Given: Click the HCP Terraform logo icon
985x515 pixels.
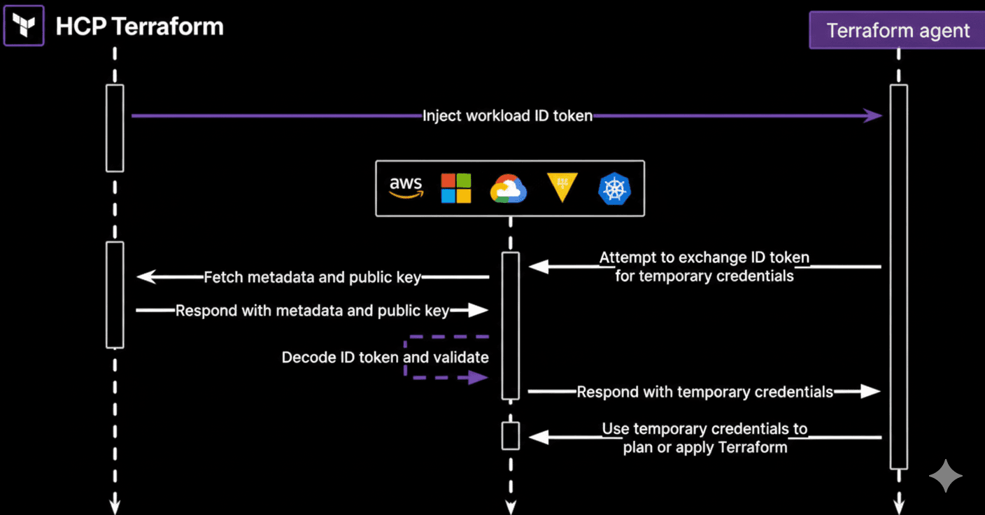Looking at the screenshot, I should coord(24,26).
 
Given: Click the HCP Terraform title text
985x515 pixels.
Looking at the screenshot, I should coord(139,27).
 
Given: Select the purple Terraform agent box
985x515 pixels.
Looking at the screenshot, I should coord(898,31).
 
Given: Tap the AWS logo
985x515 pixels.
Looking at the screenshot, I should coord(406,188).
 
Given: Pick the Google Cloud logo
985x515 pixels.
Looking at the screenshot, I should coord(508,189).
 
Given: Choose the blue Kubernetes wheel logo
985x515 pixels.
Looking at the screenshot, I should coord(614,189).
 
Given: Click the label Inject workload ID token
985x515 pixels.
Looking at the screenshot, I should coord(507,116).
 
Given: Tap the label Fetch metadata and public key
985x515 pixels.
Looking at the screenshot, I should coord(312,277).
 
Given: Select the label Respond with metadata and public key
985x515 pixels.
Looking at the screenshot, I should coord(312,310).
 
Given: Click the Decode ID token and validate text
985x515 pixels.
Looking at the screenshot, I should coord(385,358).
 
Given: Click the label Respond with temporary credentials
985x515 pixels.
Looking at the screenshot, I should coord(704,392).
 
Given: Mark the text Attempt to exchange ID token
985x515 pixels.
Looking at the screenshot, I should coord(704,257).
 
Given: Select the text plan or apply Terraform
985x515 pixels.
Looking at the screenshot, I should coord(704,447).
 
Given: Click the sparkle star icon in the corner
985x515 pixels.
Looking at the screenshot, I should coord(945,477).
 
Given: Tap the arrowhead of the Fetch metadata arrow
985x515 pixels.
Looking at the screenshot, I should coord(145,277).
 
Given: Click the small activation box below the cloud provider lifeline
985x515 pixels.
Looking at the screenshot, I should coord(511,436).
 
